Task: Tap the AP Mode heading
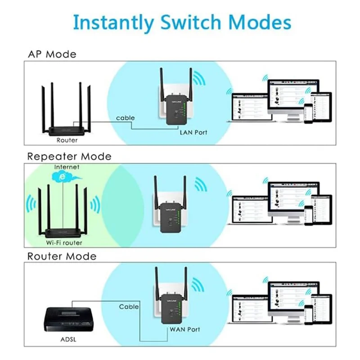click(x=52, y=54)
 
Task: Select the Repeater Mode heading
click(x=69, y=157)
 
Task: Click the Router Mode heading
click(x=62, y=256)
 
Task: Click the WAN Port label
click(x=184, y=329)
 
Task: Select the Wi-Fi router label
click(x=64, y=243)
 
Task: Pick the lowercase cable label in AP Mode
click(x=125, y=118)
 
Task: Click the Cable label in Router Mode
click(x=129, y=306)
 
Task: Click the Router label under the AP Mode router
click(x=67, y=140)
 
